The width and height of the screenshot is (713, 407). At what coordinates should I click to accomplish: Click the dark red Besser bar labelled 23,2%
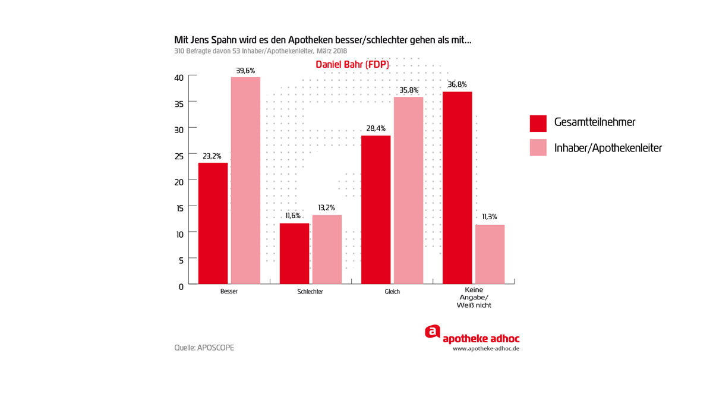[213, 223]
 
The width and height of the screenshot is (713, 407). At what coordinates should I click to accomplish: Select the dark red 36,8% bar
[457, 187]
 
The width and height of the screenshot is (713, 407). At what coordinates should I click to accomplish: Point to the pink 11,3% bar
[490, 254]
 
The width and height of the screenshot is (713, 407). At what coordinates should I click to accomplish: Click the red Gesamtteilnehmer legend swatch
[538, 123]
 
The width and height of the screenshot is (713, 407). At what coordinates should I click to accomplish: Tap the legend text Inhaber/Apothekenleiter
[607, 148]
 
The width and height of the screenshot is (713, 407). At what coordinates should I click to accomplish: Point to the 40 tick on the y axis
[178, 77]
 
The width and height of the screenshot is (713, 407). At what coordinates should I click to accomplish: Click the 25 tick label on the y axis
[178, 156]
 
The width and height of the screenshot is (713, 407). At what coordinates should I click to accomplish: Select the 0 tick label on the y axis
[181, 286]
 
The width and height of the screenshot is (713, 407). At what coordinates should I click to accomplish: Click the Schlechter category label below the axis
[310, 292]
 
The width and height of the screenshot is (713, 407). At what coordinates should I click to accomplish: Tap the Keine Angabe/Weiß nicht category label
[474, 298]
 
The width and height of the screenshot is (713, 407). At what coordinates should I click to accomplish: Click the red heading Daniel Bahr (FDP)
[352, 64]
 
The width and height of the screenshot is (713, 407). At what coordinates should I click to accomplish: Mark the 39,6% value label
[245, 71]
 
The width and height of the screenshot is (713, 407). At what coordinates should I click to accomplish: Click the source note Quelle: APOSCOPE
[204, 348]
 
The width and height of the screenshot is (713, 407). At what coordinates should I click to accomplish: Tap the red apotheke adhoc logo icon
[433, 332]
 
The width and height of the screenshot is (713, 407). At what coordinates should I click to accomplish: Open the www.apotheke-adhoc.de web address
[486, 349]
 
